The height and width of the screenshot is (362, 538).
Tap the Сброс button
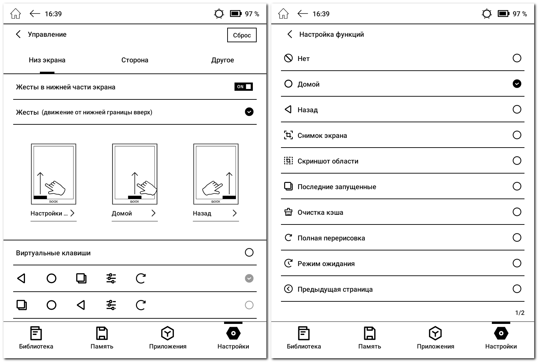tap(242, 35)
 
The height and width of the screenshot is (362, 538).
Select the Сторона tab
tap(135, 60)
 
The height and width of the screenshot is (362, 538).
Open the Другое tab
tap(223, 60)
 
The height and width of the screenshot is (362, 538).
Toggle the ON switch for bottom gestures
tap(244, 87)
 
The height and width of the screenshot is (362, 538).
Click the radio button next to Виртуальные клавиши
tap(249, 253)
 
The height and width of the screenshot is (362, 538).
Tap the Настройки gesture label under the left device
tap(49, 213)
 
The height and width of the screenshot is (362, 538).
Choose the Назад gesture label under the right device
tap(202, 213)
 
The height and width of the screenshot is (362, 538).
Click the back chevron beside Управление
tap(18, 34)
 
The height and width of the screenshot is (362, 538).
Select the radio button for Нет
tap(517, 58)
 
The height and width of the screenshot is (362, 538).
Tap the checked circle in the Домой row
tap(517, 84)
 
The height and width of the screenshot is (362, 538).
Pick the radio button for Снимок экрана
tap(517, 135)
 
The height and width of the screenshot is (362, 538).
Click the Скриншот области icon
tap(288, 161)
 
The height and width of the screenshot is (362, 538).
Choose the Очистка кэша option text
tap(321, 212)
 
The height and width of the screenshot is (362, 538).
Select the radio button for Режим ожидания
tap(517, 263)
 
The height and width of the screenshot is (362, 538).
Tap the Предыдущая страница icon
tap(288, 289)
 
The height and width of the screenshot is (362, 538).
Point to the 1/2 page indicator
tap(520, 312)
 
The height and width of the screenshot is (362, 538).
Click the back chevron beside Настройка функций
tap(290, 34)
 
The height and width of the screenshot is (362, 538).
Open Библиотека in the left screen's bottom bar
tap(36, 337)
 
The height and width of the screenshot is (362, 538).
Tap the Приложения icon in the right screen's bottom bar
tap(435, 333)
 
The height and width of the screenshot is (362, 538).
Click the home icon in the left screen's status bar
tap(16, 14)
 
